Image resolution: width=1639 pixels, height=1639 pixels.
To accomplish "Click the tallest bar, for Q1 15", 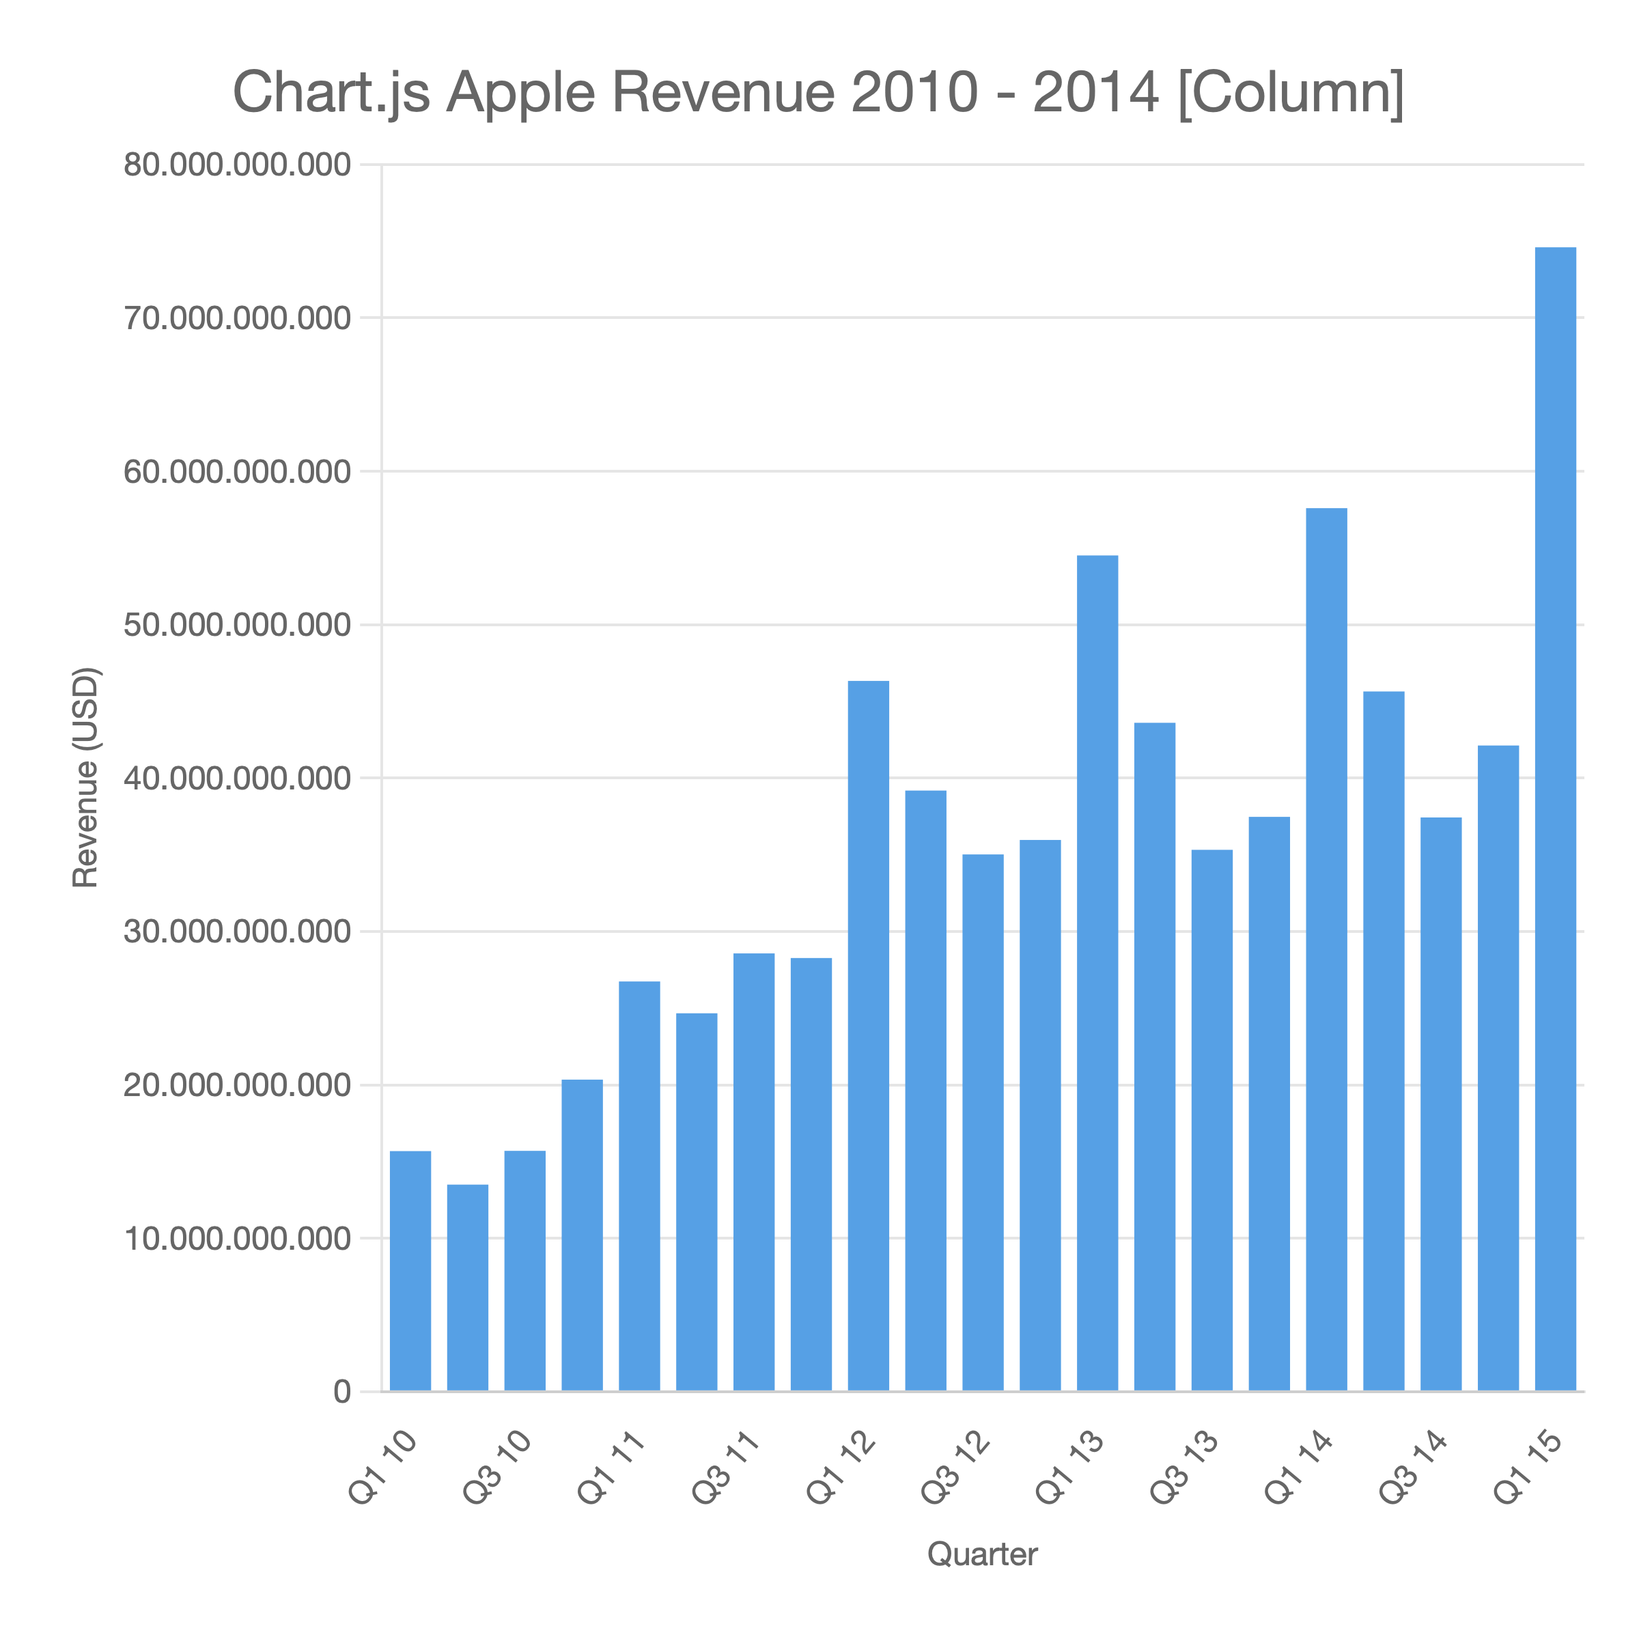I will [1555, 819].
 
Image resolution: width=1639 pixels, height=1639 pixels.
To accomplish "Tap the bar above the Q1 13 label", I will [1097, 973].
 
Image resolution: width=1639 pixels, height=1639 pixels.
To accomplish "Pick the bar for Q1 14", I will [1326, 949].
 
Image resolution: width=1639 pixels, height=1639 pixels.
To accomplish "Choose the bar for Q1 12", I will [869, 1036].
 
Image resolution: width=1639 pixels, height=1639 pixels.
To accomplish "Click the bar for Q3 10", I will [525, 1271].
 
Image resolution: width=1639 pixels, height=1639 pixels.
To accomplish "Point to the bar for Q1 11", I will [640, 1186].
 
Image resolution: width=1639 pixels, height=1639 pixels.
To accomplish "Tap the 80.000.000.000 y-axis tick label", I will [238, 165].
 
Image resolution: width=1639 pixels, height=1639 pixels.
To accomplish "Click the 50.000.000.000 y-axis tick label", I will [238, 626].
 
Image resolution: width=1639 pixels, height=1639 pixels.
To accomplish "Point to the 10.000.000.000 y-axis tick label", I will [238, 1239].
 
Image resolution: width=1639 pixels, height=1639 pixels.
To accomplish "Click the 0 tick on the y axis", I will [342, 1392].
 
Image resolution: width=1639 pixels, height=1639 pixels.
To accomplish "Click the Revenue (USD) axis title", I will [85, 778].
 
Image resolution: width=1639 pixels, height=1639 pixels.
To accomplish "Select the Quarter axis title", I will [983, 1554].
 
